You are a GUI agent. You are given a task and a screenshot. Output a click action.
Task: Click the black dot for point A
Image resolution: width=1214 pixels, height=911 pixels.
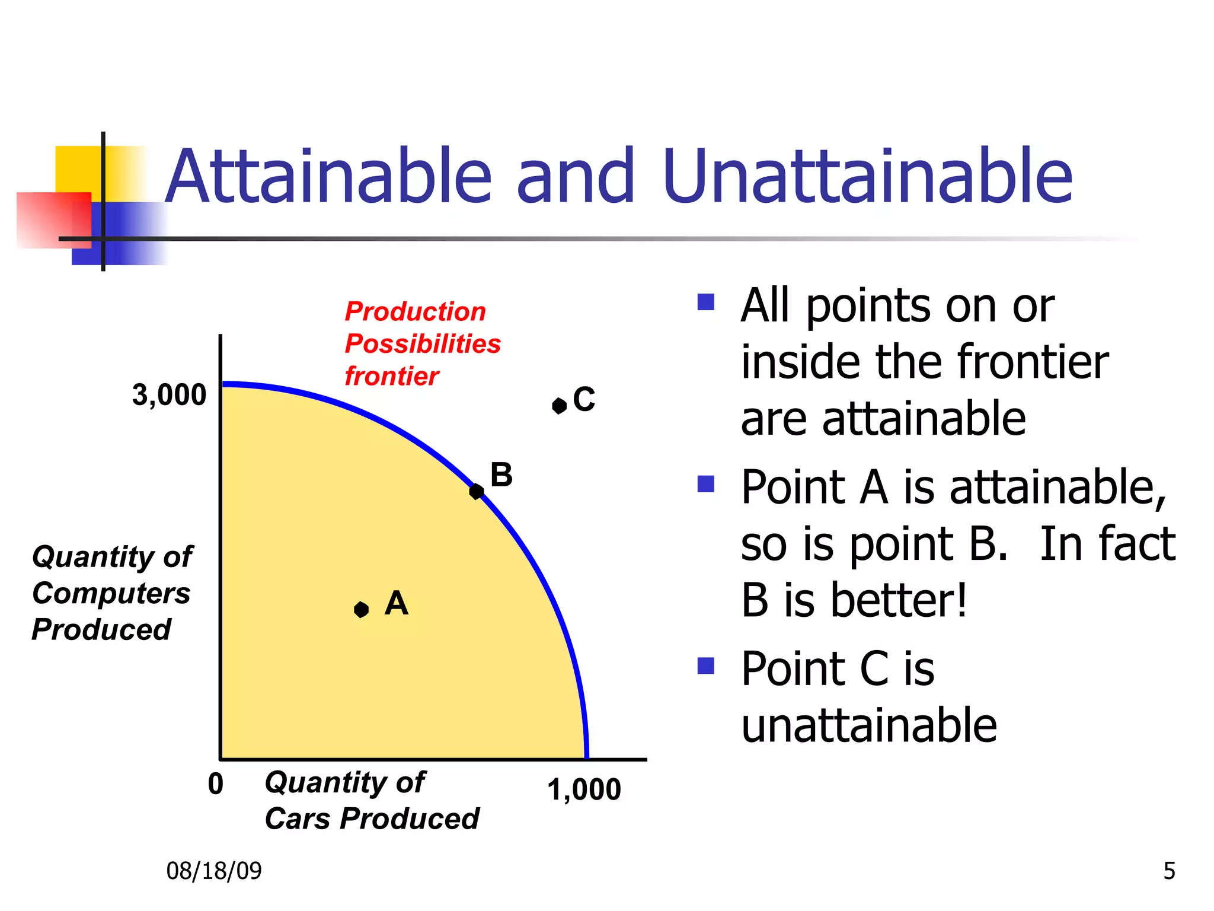[361, 609]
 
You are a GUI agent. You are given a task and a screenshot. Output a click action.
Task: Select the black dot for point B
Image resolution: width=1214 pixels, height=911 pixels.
[476, 491]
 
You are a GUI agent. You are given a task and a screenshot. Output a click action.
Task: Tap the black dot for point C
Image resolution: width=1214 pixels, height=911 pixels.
[559, 406]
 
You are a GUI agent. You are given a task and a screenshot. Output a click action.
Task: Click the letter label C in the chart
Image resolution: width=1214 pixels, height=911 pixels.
[584, 399]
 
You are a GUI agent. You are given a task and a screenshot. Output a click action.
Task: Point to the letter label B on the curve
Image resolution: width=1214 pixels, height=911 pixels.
[501, 475]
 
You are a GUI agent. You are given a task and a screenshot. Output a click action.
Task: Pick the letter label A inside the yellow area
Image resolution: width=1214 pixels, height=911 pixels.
[396, 603]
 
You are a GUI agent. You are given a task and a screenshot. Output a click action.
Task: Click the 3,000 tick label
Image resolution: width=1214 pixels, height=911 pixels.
[169, 394]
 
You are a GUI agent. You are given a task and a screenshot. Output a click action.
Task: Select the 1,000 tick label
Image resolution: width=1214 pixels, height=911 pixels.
[584, 789]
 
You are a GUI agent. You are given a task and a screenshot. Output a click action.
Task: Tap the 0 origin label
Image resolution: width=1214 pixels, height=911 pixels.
[216, 783]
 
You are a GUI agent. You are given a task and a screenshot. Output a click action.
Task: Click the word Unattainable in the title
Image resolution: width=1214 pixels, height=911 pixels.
[868, 177]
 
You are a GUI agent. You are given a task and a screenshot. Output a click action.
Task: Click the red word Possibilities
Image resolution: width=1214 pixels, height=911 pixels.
[423, 343]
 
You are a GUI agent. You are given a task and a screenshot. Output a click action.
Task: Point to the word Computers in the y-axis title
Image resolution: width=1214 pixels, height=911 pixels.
[111, 593]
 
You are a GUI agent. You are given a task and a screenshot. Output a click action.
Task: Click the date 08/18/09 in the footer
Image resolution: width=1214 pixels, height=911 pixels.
[214, 871]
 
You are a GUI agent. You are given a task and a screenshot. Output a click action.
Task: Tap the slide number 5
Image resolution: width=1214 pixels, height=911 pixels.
[1169, 871]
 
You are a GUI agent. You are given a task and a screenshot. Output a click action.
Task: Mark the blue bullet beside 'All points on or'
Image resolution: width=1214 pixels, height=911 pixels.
[706, 302]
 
